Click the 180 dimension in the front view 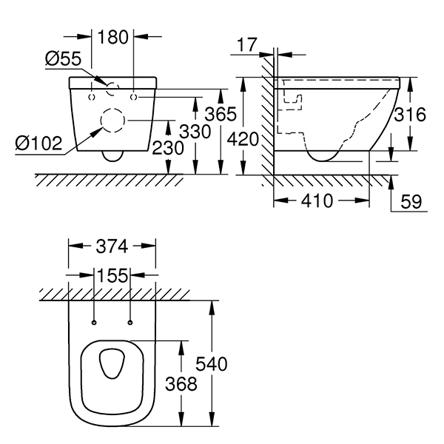(x=112, y=35)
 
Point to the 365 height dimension (x=221, y=115)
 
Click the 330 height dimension (x=196, y=132)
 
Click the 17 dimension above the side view (x=248, y=46)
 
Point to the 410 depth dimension (x=321, y=201)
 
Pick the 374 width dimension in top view (x=112, y=246)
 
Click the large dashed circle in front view (x=112, y=121)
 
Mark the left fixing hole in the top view (x=95, y=322)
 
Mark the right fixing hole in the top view (x=130, y=322)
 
